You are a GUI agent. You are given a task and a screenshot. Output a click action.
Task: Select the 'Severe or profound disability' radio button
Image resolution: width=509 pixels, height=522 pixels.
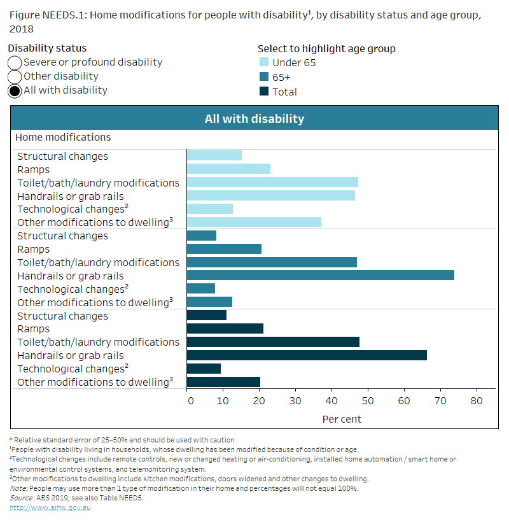(x=15, y=62)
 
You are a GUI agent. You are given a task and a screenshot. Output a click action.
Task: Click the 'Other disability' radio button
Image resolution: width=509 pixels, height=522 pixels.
(x=15, y=76)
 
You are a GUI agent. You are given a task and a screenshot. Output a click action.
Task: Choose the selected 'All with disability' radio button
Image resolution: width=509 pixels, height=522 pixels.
(x=15, y=90)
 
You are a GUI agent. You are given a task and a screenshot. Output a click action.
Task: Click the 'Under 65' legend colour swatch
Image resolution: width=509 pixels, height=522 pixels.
(x=264, y=62)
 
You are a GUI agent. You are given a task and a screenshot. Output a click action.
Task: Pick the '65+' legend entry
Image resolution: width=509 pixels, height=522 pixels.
(x=284, y=77)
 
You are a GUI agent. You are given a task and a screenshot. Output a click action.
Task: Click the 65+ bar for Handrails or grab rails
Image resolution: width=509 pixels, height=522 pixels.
(x=320, y=276)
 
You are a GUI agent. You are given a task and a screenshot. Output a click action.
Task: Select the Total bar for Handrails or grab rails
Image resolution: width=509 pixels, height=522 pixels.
(x=307, y=355)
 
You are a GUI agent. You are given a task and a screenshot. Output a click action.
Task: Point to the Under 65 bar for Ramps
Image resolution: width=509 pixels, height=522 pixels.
(x=228, y=169)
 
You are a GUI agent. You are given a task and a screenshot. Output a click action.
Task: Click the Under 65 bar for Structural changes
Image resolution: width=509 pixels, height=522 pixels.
(x=214, y=156)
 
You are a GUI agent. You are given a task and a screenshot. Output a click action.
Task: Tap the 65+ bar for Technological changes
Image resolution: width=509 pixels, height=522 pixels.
(x=200, y=289)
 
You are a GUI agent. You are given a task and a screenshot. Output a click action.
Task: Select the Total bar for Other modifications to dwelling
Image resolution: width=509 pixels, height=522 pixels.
(x=223, y=382)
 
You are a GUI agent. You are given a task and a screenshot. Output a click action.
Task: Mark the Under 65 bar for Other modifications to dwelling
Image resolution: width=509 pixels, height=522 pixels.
(x=254, y=222)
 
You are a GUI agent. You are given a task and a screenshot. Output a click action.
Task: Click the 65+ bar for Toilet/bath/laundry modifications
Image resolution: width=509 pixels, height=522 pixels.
(x=272, y=262)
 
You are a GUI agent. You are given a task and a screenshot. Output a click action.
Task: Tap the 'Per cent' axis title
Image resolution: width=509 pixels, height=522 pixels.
(x=342, y=419)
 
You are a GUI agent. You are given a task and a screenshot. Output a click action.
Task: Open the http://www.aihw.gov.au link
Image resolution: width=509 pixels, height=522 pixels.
(x=50, y=507)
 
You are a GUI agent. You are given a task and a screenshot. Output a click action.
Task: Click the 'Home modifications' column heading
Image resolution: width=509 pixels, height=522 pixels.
(x=63, y=138)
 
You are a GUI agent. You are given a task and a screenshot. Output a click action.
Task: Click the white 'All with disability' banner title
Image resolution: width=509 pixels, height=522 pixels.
(x=254, y=118)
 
